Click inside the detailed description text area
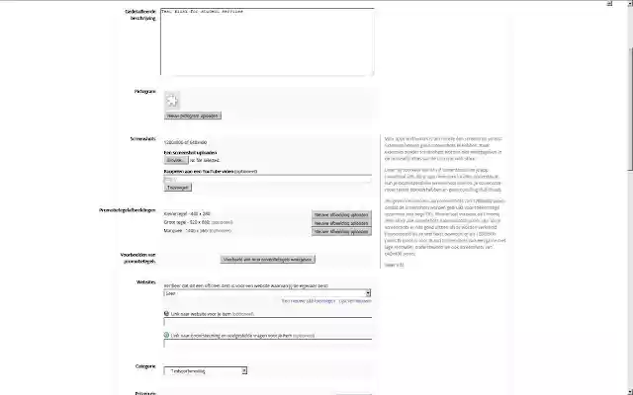click(267, 41)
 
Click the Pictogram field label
click(145, 91)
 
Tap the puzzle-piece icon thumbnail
click(172, 100)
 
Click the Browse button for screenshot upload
click(175, 159)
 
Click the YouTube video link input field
click(267, 178)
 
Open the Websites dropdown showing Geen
click(267, 292)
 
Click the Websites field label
click(146, 281)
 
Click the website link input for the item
click(267, 320)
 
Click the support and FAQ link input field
click(267, 343)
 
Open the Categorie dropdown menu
click(207, 371)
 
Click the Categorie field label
click(145, 366)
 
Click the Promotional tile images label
click(128, 211)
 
